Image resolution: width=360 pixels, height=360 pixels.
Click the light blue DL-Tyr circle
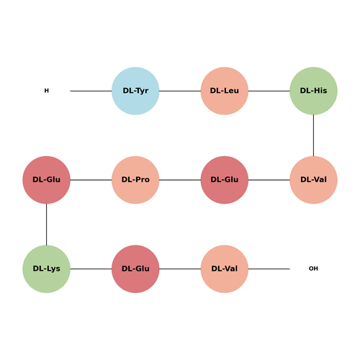(x=135, y=91)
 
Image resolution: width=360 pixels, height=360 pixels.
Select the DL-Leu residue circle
(x=225, y=91)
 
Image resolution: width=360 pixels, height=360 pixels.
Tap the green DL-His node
(x=313, y=91)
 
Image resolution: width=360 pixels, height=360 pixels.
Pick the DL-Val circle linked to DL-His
(x=313, y=180)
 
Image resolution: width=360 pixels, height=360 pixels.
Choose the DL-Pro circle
(x=135, y=180)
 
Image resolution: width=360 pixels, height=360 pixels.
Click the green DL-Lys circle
(x=46, y=269)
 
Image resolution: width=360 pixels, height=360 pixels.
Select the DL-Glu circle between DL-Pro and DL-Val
(x=225, y=180)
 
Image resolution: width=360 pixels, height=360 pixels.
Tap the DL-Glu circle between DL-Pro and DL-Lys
(x=46, y=180)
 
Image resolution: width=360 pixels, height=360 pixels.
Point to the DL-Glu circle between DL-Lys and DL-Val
(x=135, y=269)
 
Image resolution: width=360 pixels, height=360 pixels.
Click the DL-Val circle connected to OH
(x=225, y=269)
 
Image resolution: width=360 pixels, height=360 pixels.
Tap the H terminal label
(x=47, y=91)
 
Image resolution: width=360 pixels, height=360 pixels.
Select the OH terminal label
(x=313, y=269)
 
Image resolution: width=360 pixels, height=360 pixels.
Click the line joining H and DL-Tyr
(x=91, y=91)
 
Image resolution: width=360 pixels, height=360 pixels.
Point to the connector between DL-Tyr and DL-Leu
(x=180, y=91)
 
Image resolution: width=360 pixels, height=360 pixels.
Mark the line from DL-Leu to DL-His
(x=269, y=91)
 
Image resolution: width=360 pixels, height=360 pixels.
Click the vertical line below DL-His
(x=313, y=135)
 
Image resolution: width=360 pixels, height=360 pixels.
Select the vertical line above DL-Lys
(x=46, y=225)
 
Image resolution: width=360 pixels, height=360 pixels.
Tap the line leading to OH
(x=269, y=269)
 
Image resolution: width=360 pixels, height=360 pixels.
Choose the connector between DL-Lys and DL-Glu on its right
(x=91, y=269)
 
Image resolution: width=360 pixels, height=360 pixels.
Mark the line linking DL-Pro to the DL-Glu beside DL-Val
(x=180, y=180)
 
